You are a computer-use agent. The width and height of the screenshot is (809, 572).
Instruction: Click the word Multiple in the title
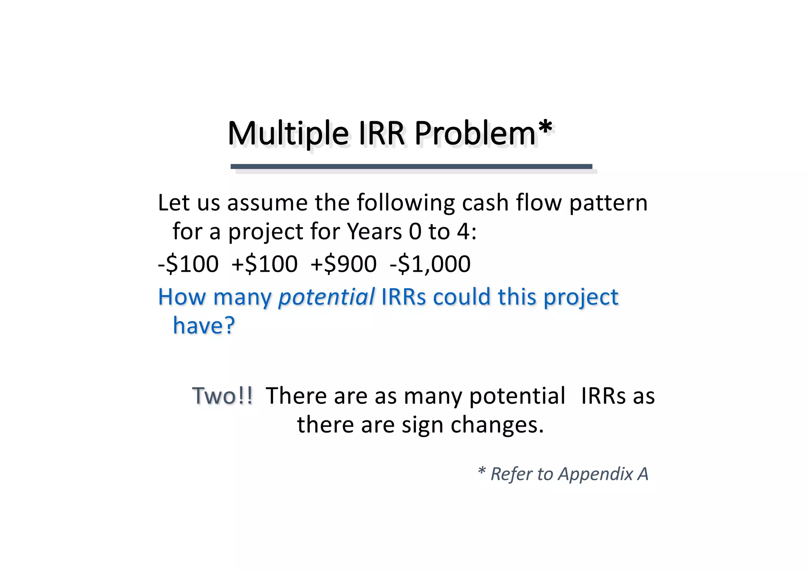click(x=288, y=134)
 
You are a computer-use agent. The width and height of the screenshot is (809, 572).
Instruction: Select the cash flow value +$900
click(x=343, y=264)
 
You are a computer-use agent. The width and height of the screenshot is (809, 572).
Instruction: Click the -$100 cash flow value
click(x=188, y=264)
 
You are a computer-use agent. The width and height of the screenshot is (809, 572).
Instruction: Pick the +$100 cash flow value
click(x=264, y=264)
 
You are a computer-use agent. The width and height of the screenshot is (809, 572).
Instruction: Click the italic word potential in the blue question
click(x=326, y=297)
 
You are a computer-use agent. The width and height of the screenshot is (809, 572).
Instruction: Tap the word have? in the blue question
click(x=204, y=326)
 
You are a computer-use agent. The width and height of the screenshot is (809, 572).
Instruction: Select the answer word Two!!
click(x=222, y=395)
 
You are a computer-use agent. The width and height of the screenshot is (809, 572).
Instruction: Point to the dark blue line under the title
click(x=411, y=166)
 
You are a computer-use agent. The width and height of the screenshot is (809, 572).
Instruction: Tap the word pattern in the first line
click(x=608, y=203)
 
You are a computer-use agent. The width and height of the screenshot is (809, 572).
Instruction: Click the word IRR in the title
click(x=382, y=134)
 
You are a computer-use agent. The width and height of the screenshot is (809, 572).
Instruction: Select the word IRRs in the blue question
click(x=404, y=297)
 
